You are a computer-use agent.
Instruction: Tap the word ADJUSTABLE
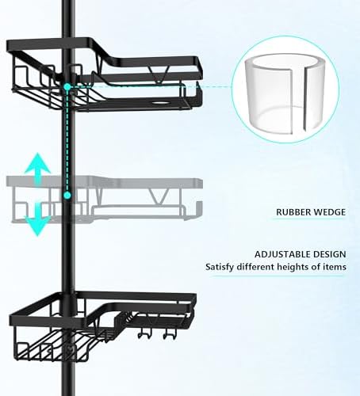(282, 254)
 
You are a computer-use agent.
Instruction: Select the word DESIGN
(330, 254)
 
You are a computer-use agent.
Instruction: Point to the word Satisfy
(220, 267)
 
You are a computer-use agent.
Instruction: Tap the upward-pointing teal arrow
(38, 169)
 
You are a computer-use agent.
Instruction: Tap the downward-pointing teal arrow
(38, 219)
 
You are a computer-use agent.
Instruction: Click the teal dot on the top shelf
(67, 86)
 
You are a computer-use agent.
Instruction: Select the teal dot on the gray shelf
(67, 196)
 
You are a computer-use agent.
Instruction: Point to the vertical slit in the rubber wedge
(297, 100)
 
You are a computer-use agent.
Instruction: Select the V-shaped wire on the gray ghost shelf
(158, 196)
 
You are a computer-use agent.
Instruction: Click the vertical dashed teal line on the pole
(67, 141)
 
